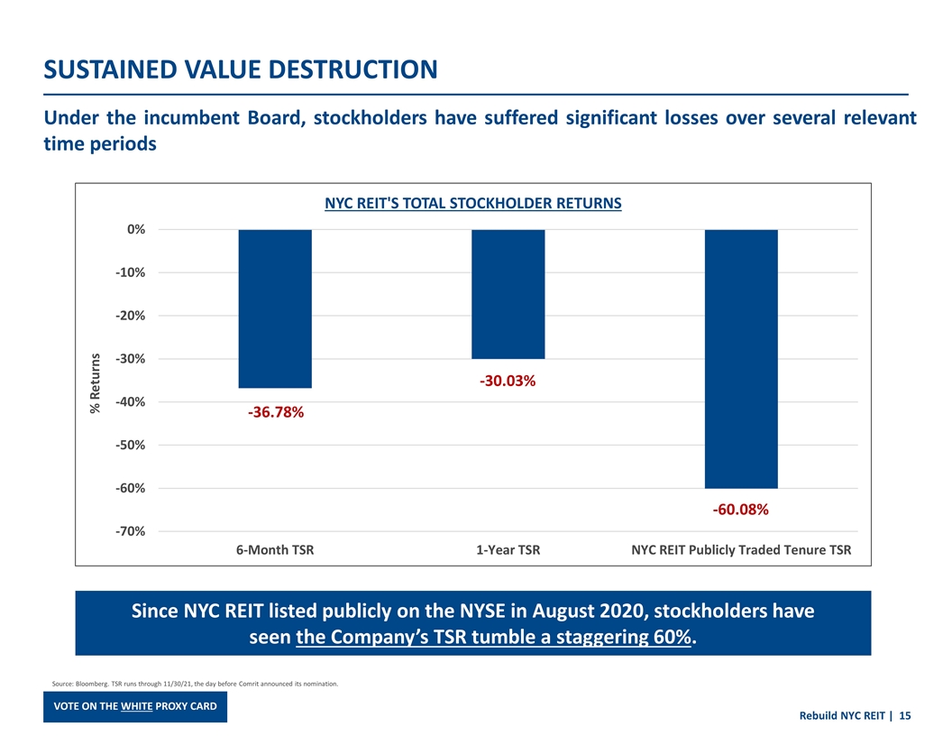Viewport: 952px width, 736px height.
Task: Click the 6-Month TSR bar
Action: coord(275,308)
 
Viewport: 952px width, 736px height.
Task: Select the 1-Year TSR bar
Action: coord(508,294)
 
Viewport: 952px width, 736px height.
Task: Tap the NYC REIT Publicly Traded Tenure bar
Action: coord(740,359)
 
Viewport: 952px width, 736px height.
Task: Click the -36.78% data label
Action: coord(275,413)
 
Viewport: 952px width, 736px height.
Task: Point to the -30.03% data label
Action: coord(508,382)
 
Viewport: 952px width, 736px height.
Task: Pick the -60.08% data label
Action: coord(740,511)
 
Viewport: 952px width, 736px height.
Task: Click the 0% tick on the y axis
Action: coord(135,230)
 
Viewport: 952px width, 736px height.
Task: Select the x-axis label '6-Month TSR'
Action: coord(275,549)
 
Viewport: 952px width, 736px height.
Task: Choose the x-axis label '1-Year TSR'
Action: coord(508,549)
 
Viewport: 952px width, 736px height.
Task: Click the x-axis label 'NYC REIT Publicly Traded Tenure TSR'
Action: coord(740,549)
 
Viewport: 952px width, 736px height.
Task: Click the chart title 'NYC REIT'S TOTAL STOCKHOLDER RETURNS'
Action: coord(473,203)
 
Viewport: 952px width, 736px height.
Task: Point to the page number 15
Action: coord(904,716)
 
